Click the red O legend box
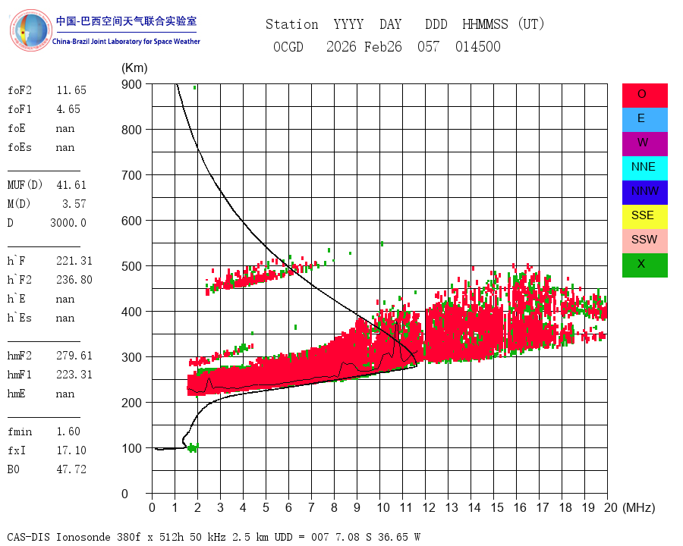(x=644, y=96)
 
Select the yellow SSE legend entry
(x=644, y=217)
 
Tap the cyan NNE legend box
(x=644, y=168)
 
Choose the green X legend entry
(x=644, y=265)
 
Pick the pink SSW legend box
(x=644, y=241)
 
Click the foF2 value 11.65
(x=71, y=90)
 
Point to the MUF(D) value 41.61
(x=71, y=185)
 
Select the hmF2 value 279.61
(x=74, y=356)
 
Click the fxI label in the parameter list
(x=17, y=450)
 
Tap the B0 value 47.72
(x=71, y=469)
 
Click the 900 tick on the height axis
(x=131, y=84)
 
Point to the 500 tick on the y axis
(x=131, y=266)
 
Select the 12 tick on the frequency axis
(x=429, y=507)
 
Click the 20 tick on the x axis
(x=611, y=507)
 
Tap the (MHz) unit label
(x=639, y=507)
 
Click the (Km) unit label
(x=134, y=68)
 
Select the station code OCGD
(x=288, y=46)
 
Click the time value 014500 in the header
(x=478, y=46)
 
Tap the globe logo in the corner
(x=30, y=30)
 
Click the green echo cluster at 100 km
(x=193, y=447)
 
